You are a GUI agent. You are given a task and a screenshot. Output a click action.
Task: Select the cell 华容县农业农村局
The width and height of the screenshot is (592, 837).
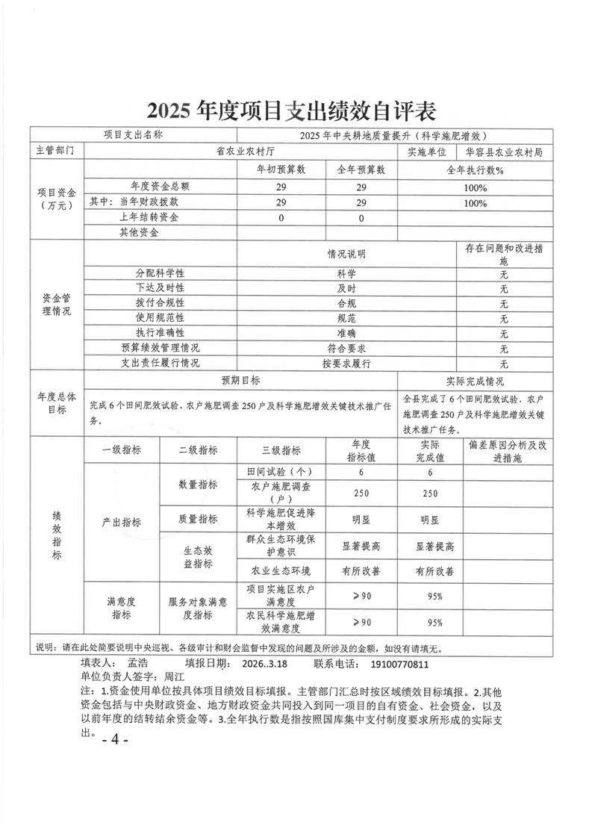point(503,152)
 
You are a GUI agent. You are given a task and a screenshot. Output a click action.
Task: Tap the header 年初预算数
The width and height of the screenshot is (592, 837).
point(281,169)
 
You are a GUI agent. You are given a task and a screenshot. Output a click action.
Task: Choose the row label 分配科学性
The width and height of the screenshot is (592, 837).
point(160,273)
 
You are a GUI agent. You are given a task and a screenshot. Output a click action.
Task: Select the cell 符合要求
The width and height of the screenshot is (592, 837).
point(346,348)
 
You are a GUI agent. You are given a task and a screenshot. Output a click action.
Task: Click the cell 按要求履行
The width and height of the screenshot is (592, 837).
point(346,364)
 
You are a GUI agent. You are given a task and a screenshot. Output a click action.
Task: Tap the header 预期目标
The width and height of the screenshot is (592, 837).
point(240,381)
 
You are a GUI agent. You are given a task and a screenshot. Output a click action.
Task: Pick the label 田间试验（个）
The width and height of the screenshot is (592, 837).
point(281,472)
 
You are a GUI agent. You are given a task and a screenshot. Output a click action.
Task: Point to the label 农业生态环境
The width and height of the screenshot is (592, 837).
point(281,571)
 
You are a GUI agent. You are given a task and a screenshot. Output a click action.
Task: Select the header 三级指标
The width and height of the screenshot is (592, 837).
point(281,450)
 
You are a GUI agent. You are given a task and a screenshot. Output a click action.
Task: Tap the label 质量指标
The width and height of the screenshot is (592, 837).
point(198,519)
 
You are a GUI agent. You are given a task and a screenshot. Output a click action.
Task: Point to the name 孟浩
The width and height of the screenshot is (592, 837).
point(140,662)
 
